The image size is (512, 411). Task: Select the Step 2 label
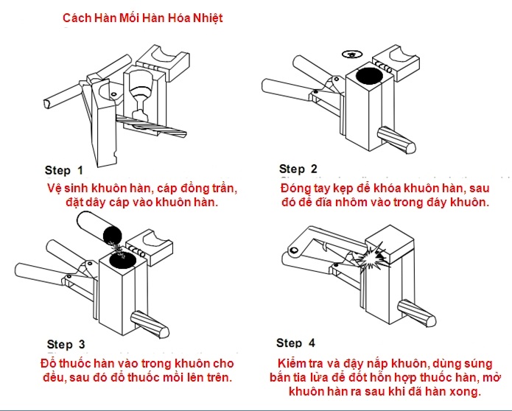(x=298, y=169)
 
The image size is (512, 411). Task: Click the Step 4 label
(x=295, y=342)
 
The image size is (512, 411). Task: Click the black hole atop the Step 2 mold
(x=368, y=75)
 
